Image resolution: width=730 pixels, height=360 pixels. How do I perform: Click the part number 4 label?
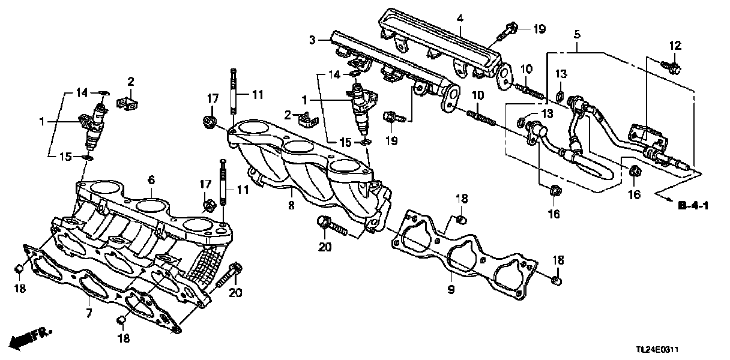click(x=459, y=18)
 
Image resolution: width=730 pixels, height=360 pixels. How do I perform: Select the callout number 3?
click(x=312, y=40)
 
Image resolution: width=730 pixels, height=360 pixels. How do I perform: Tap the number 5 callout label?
click(x=577, y=35)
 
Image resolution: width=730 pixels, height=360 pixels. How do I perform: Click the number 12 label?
click(x=675, y=45)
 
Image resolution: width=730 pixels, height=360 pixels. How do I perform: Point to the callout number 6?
click(x=151, y=179)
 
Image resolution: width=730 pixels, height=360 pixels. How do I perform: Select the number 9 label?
click(x=451, y=290)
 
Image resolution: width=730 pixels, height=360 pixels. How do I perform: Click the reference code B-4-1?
click(x=693, y=206)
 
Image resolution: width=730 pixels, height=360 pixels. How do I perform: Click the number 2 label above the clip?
click(x=130, y=82)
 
